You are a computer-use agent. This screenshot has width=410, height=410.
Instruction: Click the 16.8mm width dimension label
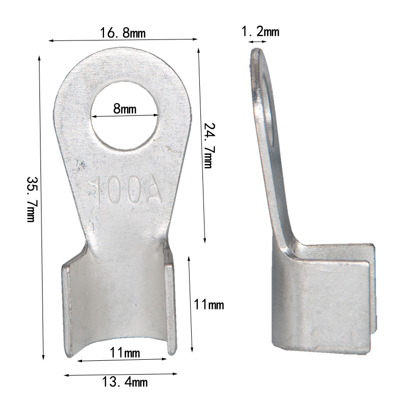click(123, 33)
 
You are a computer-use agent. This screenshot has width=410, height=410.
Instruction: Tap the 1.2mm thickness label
click(260, 32)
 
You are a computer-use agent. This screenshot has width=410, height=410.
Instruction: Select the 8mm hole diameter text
click(125, 109)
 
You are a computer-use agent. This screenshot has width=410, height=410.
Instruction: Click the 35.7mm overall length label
click(31, 200)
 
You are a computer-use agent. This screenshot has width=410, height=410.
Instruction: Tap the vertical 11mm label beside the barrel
click(209, 305)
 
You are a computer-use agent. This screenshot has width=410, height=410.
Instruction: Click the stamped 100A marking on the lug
click(128, 191)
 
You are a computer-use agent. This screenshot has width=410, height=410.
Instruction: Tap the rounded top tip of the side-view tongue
click(256, 52)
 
